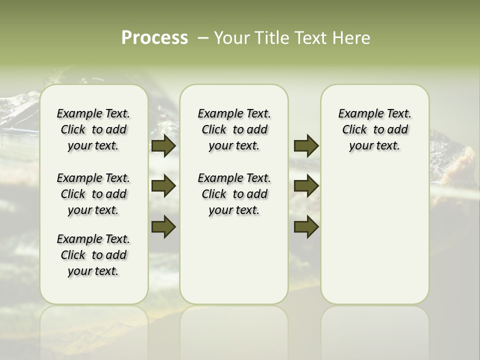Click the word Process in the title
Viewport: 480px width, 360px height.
154,38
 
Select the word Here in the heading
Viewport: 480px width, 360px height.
352,38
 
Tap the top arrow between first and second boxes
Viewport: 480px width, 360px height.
163,145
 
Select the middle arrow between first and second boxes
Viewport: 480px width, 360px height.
163,186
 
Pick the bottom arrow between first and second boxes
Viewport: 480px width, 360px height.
163,226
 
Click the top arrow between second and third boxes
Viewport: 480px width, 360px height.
306,145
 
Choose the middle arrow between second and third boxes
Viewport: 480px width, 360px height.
306,186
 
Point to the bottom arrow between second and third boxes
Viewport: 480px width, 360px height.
306,226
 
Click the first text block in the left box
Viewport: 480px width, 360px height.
93,129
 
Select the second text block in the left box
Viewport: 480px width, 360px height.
93,194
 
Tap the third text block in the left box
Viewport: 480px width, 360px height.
93,255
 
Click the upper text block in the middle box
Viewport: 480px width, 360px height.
234,129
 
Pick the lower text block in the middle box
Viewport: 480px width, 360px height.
234,194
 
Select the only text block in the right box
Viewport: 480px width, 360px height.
375,129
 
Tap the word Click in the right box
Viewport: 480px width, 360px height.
354,130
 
